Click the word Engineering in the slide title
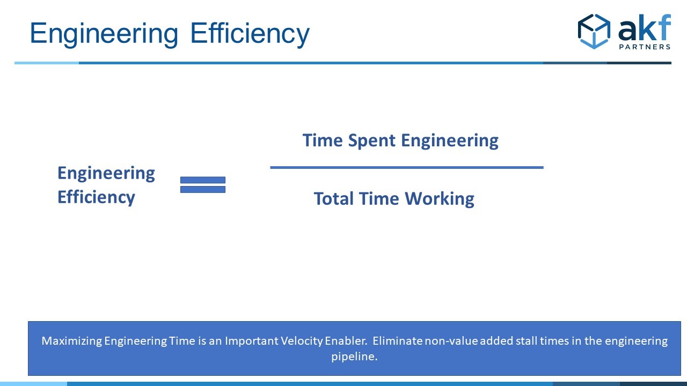[x=104, y=34]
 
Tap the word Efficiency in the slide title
[x=250, y=34]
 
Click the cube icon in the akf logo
[x=594, y=31]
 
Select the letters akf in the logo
[x=645, y=27]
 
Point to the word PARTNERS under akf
[x=645, y=47]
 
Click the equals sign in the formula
[x=203, y=185]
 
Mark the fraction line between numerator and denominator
[x=407, y=168]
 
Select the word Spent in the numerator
[x=372, y=141]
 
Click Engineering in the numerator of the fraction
[x=450, y=141]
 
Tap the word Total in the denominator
[x=334, y=199]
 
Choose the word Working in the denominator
[x=440, y=199]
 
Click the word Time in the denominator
[x=379, y=199]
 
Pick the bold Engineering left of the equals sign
[x=106, y=174]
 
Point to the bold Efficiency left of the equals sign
[x=96, y=198]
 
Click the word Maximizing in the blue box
[x=71, y=341]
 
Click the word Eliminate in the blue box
[x=398, y=340]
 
